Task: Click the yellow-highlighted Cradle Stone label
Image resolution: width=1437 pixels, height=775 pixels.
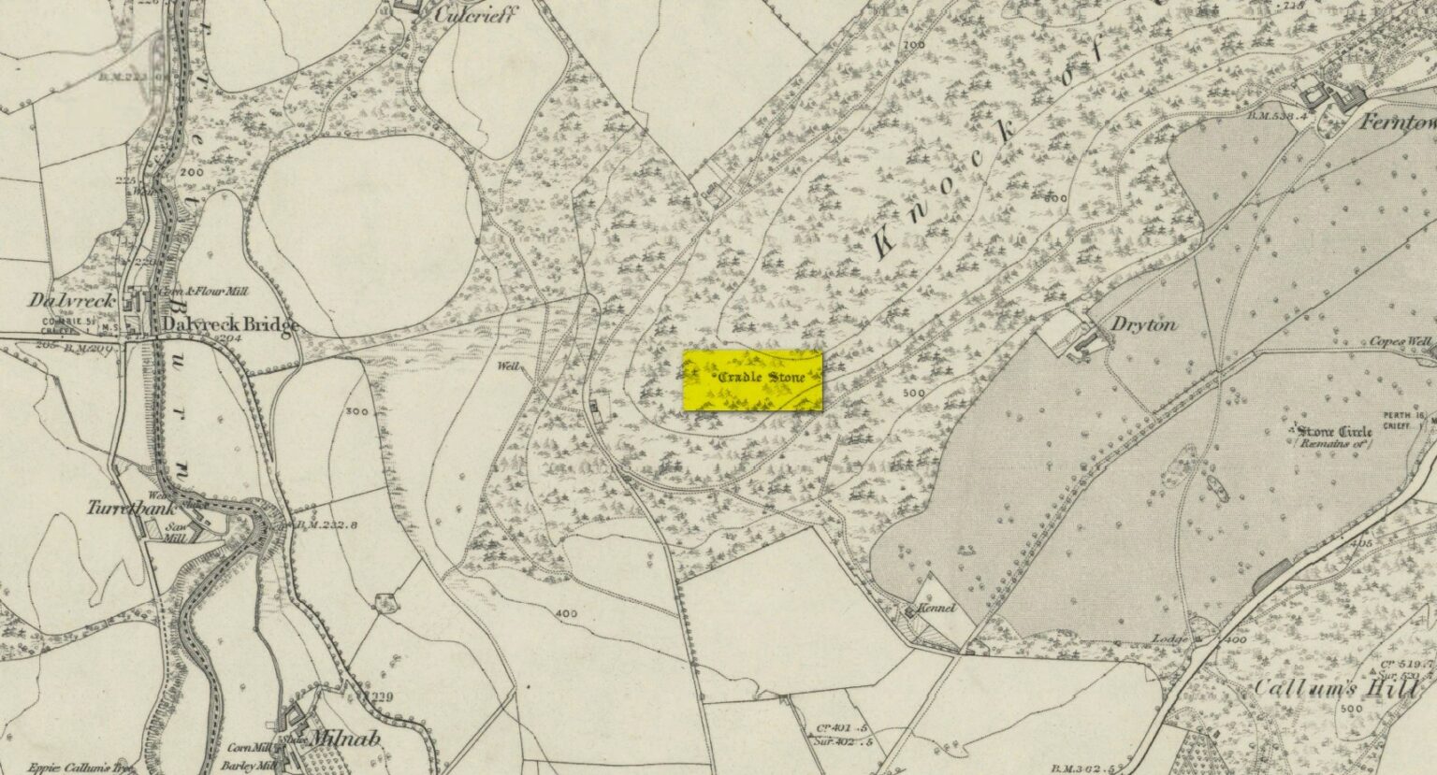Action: click(752, 380)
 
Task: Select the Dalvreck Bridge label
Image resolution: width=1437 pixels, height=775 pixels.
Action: click(229, 324)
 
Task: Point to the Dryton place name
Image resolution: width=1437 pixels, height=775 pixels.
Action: click(1144, 325)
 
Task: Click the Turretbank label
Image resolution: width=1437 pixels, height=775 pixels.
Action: click(119, 509)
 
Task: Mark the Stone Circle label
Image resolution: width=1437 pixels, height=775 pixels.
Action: click(1334, 431)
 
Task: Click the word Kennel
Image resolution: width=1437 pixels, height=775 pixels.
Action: click(936, 609)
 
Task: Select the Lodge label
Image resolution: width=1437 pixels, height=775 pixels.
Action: click(1169, 639)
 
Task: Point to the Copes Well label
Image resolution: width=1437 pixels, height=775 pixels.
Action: click(1400, 342)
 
